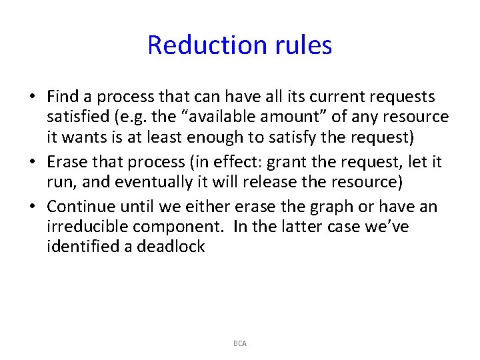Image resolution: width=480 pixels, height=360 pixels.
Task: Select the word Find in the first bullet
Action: click(63, 97)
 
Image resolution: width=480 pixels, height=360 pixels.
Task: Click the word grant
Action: click(284, 162)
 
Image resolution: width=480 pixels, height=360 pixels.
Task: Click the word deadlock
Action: click(171, 247)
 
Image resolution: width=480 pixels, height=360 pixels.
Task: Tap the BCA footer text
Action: click(240, 343)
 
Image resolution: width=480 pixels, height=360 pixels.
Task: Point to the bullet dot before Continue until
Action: click(33, 207)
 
